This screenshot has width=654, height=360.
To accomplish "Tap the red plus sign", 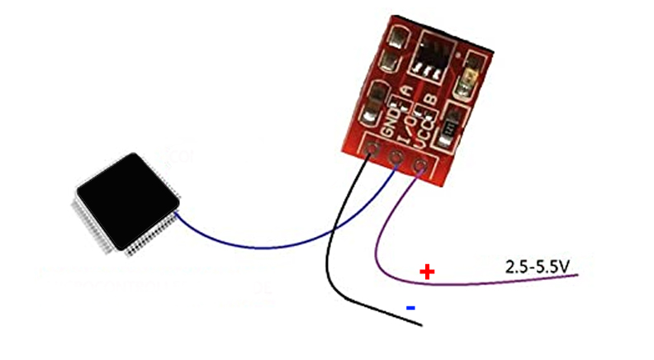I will pyautogui.click(x=427, y=272).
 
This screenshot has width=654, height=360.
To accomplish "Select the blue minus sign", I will pyautogui.click(x=410, y=308).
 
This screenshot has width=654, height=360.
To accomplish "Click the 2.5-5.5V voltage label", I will pyautogui.click(x=538, y=267).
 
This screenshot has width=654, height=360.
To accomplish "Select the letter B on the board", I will pyautogui.click(x=429, y=101).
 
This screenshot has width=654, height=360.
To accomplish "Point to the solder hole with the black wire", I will pyautogui.click(x=374, y=151).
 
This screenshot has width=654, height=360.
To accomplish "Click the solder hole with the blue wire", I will pyautogui.click(x=397, y=159).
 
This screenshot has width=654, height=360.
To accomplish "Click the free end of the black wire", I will pyautogui.click(x=421, y=324).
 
